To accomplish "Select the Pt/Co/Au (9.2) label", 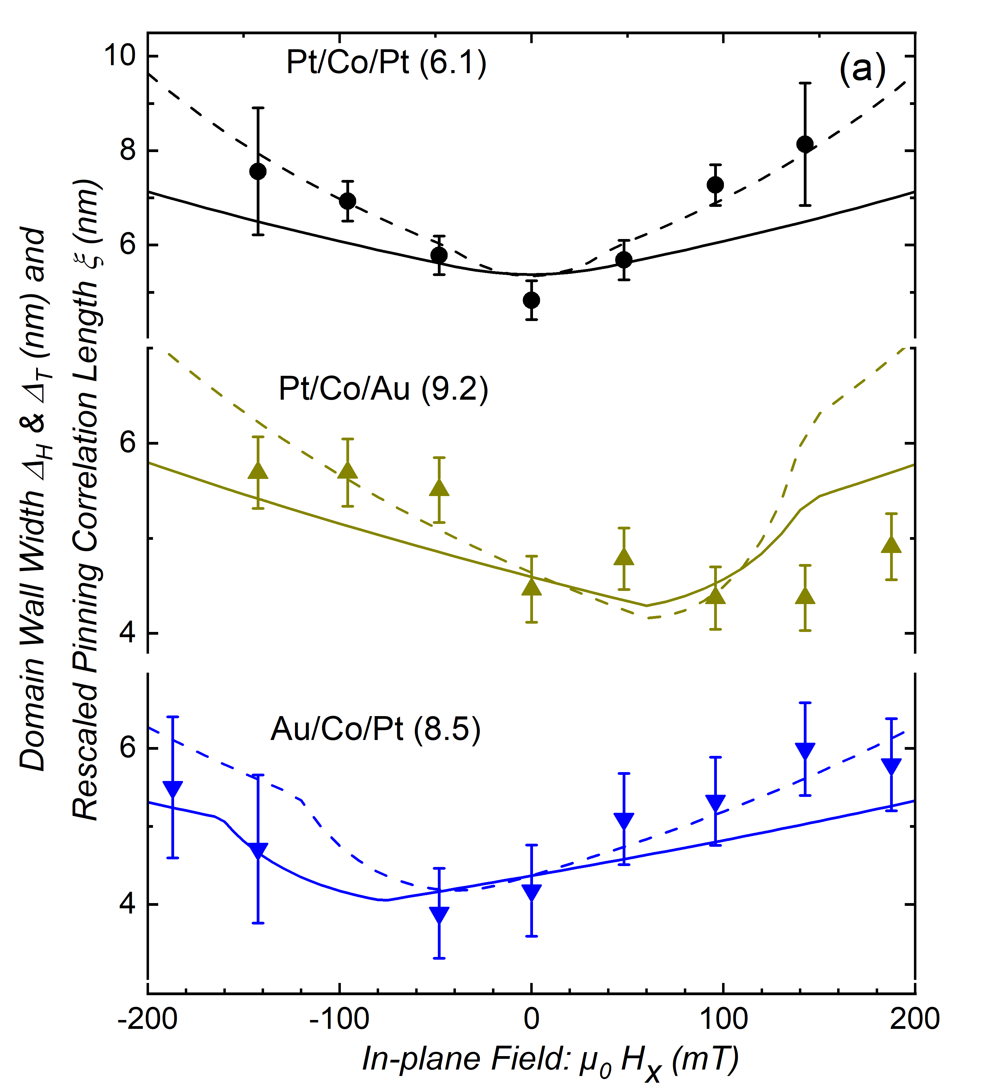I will pos(383,389).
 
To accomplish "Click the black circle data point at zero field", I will pos(532,300).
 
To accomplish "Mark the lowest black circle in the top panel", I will pos(532,300).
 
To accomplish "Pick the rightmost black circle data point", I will pos(805,144).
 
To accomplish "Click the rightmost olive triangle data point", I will pos(891,545).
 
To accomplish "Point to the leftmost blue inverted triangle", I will pos(173,788).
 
